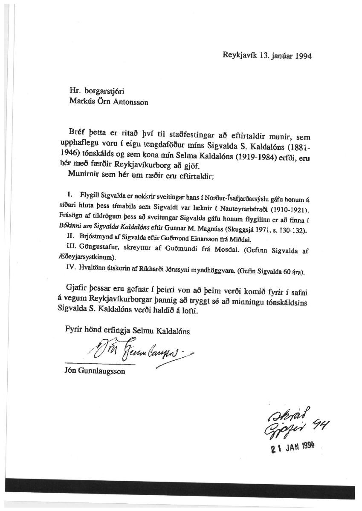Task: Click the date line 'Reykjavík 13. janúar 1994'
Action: tap(266, 56)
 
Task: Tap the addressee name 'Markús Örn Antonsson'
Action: tap(109, 103)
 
